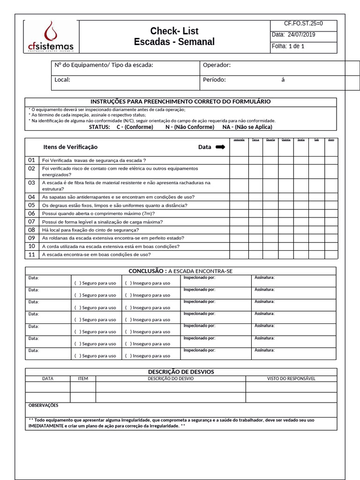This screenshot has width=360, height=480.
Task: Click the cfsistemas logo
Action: point(51,37)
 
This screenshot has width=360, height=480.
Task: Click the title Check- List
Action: point(174,31)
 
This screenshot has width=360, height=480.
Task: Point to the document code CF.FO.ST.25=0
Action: point(304,23)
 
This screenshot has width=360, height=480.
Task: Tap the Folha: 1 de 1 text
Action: point(288,46)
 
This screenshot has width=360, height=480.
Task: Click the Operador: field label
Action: point(217,65)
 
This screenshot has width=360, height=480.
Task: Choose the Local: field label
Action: point(62,80)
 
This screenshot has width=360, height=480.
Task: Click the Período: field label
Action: point(214,80)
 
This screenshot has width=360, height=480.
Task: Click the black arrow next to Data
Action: point(220,147)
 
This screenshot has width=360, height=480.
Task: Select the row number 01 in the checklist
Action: point(32,160)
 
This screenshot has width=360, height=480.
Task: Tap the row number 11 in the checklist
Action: point(32,255)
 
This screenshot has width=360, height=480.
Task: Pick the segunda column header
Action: point(239,140)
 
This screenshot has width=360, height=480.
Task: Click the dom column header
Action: point(331,140)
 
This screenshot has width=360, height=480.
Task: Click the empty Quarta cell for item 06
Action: point(270,213)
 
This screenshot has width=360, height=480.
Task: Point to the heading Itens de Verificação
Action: point(70,147)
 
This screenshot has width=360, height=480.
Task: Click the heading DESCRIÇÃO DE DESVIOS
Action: point(181,372)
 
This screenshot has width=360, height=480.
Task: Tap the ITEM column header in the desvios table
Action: point(83,378)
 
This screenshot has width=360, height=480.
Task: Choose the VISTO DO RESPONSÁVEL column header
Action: point(291,378)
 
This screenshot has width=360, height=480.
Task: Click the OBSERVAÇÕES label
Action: point(44,405)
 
